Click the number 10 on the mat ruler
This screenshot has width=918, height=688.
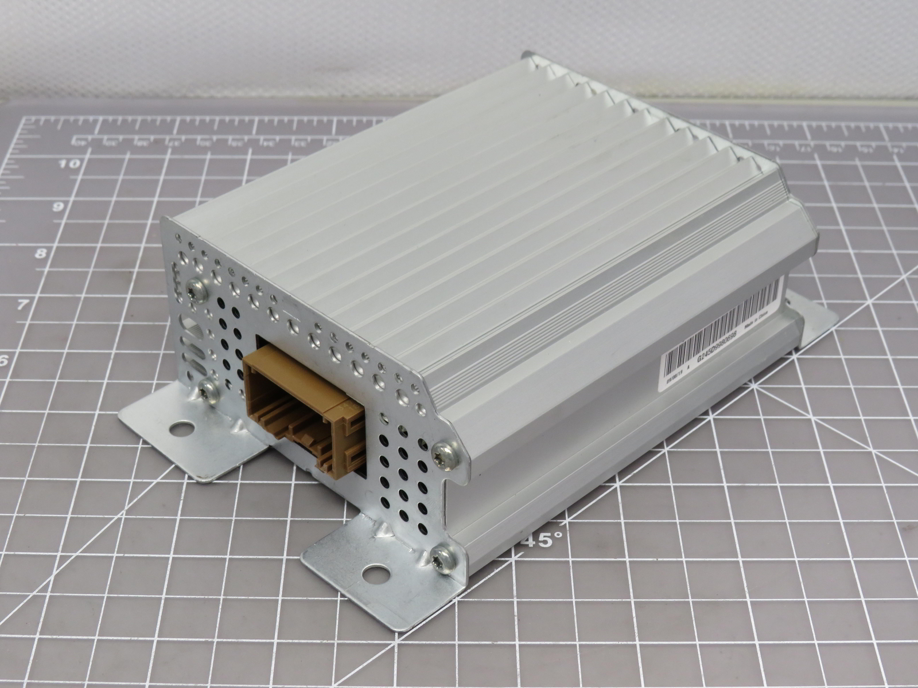(x=71, y=164)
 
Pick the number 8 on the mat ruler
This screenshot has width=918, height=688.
(x=41, y=254)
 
